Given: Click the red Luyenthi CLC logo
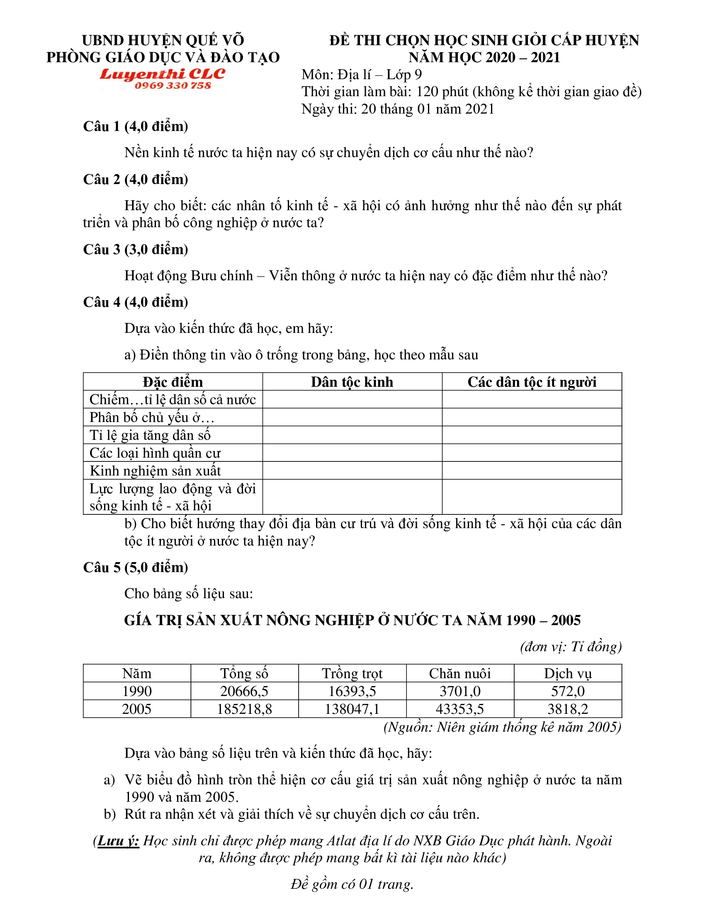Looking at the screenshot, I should [x=162, y=74].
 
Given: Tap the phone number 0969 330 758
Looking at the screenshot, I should [x=173, y=86].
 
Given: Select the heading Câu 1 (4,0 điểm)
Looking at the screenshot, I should [x=135, y=126].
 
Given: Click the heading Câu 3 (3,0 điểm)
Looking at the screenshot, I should [x=135, y=249].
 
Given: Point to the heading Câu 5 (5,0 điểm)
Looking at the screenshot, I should [x=135, y=567].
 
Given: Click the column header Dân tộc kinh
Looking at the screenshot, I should [x=352, y=382].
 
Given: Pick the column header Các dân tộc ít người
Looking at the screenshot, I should [x=531, y=382].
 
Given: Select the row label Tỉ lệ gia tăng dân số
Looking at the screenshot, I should [x=150, y=435].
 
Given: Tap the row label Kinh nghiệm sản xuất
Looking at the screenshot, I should [x=155, y=471].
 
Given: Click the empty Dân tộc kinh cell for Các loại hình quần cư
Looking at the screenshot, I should [x=352, y=453].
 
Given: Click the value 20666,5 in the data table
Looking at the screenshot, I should [x=244, y=691].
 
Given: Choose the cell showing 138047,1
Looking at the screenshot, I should [x=352, y=709].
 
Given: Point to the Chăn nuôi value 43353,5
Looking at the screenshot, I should [x=460, y=709].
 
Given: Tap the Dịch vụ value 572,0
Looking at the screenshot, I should [x=568, y=691].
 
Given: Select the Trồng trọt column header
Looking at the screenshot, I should [x=352, y=674].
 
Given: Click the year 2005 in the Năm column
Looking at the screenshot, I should [x=136, y=709].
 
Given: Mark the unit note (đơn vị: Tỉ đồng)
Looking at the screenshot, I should [x=571, y=646].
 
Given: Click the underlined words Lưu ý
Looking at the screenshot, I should [x=118, y=841].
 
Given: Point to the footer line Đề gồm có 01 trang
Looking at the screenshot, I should [x=352, y=884].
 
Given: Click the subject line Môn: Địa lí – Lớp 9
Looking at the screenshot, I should [x=362, y=75].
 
